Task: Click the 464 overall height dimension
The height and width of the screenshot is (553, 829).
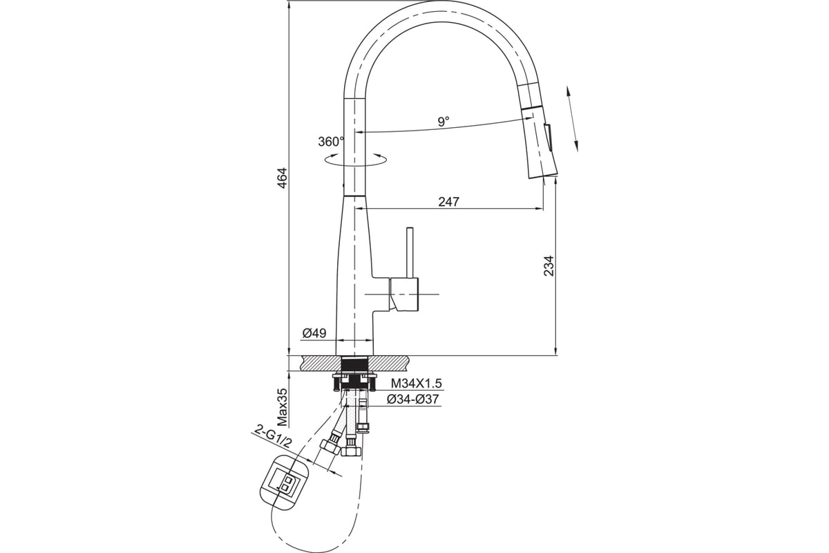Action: pyautogui.click(x=283, y=178)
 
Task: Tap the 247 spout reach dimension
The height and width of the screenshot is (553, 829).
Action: pyautogui.click(x=448, y=202)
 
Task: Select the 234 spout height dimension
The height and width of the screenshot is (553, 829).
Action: pyautogui.click(x=549, y=265)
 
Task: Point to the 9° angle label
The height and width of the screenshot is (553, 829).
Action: pyautogui.click(x=444, y=121)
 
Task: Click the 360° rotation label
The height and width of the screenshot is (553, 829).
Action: pyautogui.click(x=331, y=142)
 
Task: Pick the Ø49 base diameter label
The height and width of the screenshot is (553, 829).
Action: pyautogui.click(x=314, y=333)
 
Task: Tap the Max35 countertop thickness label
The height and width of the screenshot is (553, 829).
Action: pyautogui.click(x=283, y=406)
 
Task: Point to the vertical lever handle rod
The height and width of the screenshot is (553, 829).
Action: pyautogui.click(x=409, y=252)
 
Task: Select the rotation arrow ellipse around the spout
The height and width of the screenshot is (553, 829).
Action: pyautogui.click(x=355, y=160)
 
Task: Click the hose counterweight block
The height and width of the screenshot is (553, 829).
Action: pyautogui.click(x=284, y=485)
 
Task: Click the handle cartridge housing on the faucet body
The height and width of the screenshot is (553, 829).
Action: pyautogui.click(x=403, y=294)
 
